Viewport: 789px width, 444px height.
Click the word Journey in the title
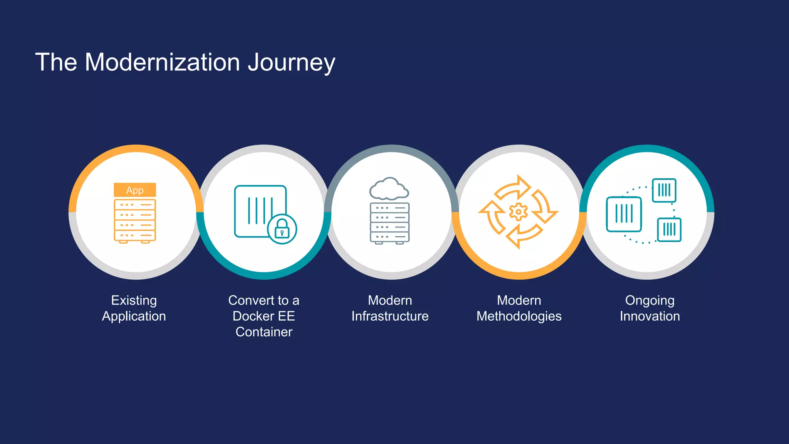(x=291, y=62)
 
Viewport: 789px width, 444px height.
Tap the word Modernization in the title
(x=162, y=62)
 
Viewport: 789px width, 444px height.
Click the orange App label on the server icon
(x=135, y=190)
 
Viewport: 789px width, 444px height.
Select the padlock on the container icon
(x=282, y=230)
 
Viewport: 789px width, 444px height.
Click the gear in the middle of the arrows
(x=518, y=212)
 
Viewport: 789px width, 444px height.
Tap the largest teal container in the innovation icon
(x=624, y=214)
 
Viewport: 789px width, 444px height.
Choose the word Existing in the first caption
(x=134, y=300)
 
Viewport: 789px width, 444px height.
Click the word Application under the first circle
(x=134, y=316)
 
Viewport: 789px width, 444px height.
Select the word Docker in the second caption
(x=252, y=316)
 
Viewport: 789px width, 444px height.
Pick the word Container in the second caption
(x=264, y=332)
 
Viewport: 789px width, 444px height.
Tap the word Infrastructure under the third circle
(x=390, y=316)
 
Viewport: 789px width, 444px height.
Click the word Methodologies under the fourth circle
(x=519, y=316)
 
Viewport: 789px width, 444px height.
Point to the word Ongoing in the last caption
(x=650, y=300)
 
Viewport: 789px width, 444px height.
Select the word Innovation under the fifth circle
(x=650, y=316)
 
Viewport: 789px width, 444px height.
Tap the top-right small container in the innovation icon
(x=664, y=190)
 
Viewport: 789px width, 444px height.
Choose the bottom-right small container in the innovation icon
(x=669, y=230)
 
